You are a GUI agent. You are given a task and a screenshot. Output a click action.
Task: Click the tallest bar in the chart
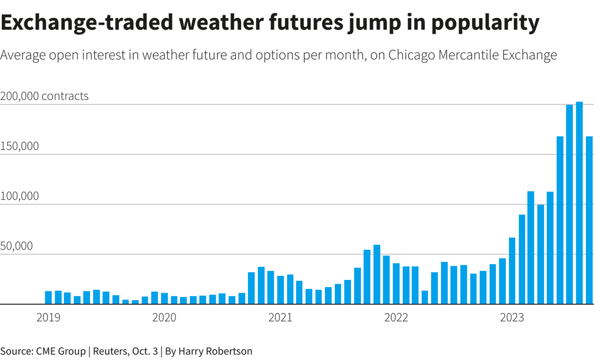[x=579, y=203]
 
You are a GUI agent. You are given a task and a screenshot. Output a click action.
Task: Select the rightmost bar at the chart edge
[x=589, y=220]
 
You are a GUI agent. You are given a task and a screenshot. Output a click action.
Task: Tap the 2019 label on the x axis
[x=48, y=317]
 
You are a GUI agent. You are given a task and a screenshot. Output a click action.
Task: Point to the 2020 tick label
[x=164, y=317]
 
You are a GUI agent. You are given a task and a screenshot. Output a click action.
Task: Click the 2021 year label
[x=280, y=317]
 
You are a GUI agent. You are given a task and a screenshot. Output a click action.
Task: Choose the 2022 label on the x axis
[x=396, y=317]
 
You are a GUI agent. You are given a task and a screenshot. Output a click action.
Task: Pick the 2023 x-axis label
[x=512, y=317]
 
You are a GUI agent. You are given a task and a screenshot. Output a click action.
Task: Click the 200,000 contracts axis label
[x=44, y=96]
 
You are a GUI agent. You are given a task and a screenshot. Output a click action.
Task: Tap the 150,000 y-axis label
[x=19, y=146]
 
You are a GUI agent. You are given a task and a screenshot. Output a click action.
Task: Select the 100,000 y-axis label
[x=19, y=196]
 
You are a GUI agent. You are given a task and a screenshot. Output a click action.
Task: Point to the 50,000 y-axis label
[x=17, y=246]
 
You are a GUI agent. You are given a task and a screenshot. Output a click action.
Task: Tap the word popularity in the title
[x=486, y=23]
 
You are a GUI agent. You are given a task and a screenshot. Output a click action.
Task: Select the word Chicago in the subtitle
[x=411, y=56]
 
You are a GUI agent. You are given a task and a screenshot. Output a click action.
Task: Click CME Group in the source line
[x=61, y=351]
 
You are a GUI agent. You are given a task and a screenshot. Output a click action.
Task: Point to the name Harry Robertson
[x=215, y=351]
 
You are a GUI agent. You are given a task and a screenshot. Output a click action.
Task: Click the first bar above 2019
[x=48, y=298]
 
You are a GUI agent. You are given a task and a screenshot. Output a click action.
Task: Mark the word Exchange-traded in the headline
[x=87, y=23]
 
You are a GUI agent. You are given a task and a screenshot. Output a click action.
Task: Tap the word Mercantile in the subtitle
[x=469, y=55]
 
